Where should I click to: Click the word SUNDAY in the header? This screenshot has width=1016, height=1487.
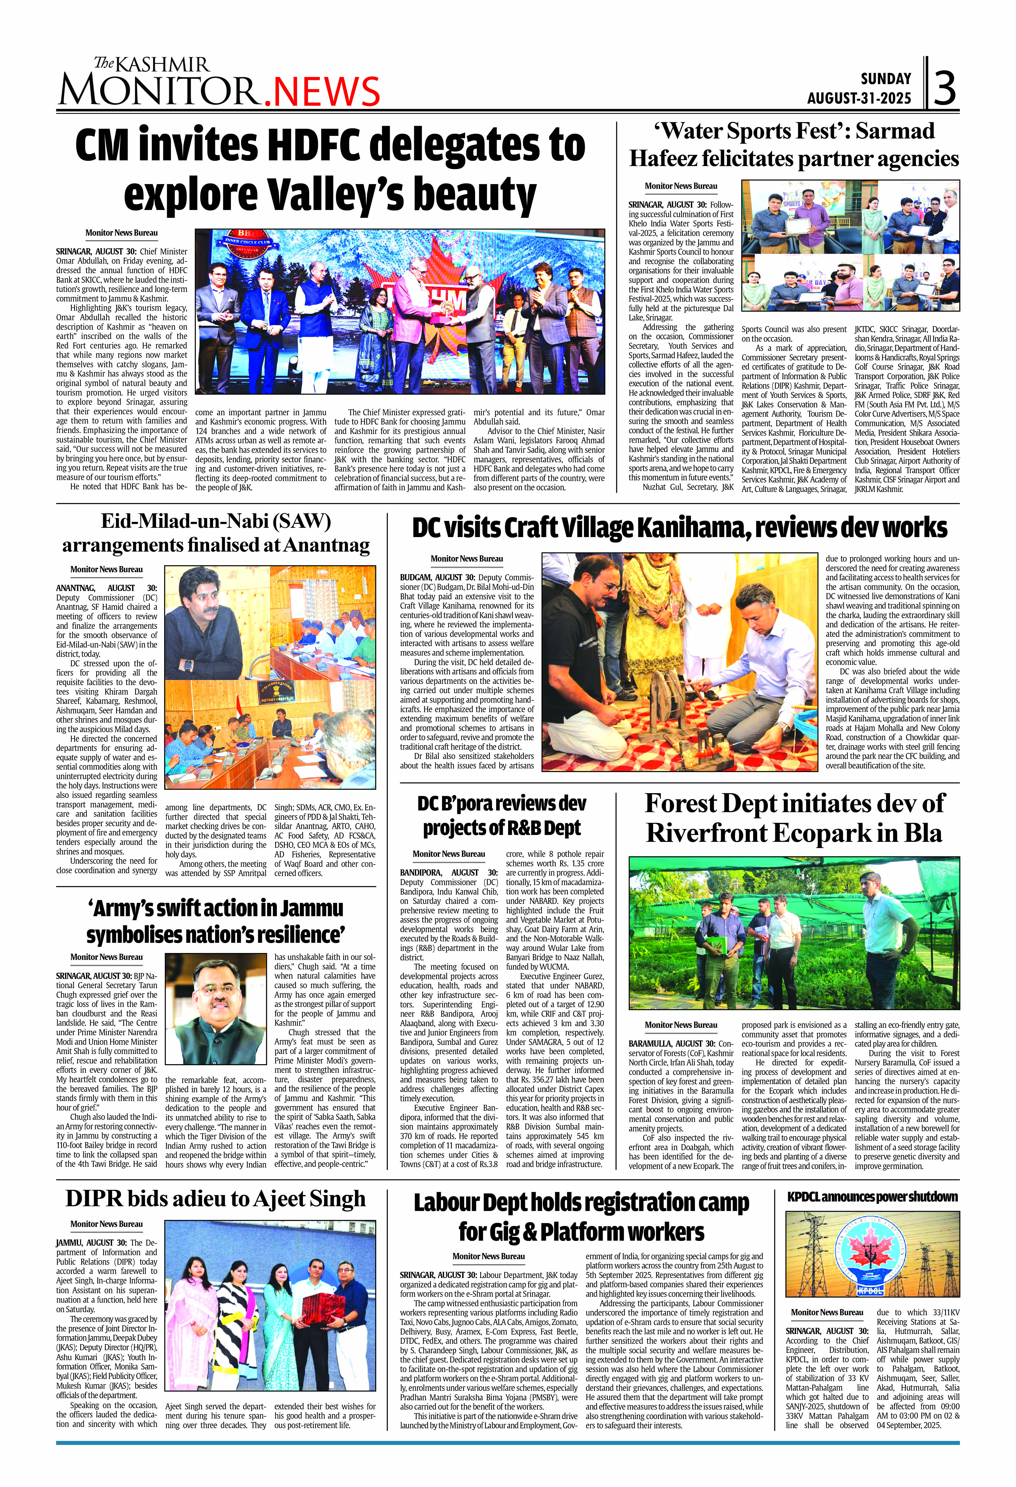point(885,79)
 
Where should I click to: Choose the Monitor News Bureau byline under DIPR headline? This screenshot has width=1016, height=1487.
point(106,1224)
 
